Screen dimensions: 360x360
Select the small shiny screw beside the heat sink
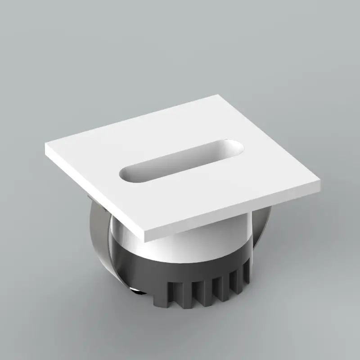tap(134, 289)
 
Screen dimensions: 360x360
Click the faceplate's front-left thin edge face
tap(94, 193)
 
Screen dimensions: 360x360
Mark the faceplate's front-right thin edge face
tap(234, 215)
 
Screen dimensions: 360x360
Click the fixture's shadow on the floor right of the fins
tap(279, 288)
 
